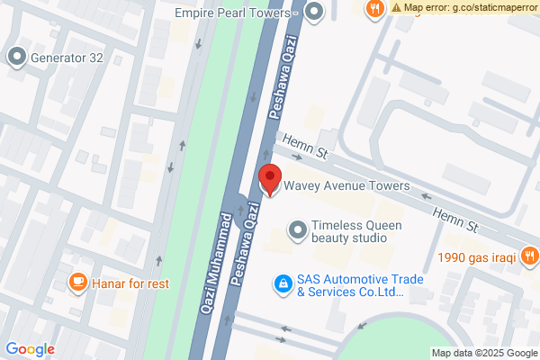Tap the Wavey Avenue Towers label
click(x=346, y=186)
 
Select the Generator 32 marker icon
click(x=17, y=58)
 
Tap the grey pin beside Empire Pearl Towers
click(x=314, y=13)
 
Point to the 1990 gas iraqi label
click(x=476, y=257)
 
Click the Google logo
click(x=30, y=349)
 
